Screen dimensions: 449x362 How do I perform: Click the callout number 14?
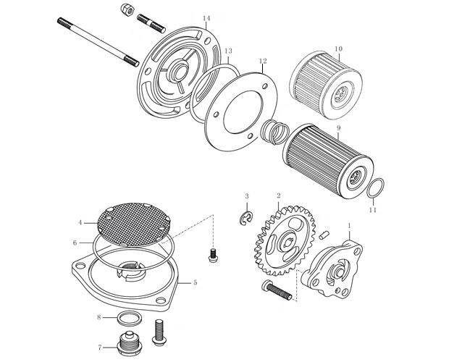206,18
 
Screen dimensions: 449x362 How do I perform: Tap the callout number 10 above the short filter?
338,49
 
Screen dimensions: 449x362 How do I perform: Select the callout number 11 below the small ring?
372,210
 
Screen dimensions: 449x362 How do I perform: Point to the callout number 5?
195,282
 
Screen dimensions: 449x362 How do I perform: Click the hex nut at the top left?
127,10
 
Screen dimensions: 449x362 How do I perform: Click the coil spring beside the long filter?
275,132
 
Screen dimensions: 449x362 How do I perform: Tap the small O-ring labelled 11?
375,188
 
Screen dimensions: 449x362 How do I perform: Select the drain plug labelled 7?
128,344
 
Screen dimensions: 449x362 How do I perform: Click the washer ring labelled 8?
130,318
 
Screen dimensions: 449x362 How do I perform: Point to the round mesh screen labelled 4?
134,224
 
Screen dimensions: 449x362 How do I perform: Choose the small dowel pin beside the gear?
323,235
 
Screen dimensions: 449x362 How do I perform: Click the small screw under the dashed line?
212,256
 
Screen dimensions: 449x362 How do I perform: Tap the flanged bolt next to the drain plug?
158,332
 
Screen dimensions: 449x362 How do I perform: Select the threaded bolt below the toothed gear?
277,290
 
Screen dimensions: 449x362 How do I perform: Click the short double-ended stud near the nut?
151,23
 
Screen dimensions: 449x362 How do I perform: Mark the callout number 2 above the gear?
278,195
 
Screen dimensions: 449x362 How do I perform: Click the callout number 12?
263,61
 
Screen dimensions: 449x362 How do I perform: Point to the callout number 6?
75,243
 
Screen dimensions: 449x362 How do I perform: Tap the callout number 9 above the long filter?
338,127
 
